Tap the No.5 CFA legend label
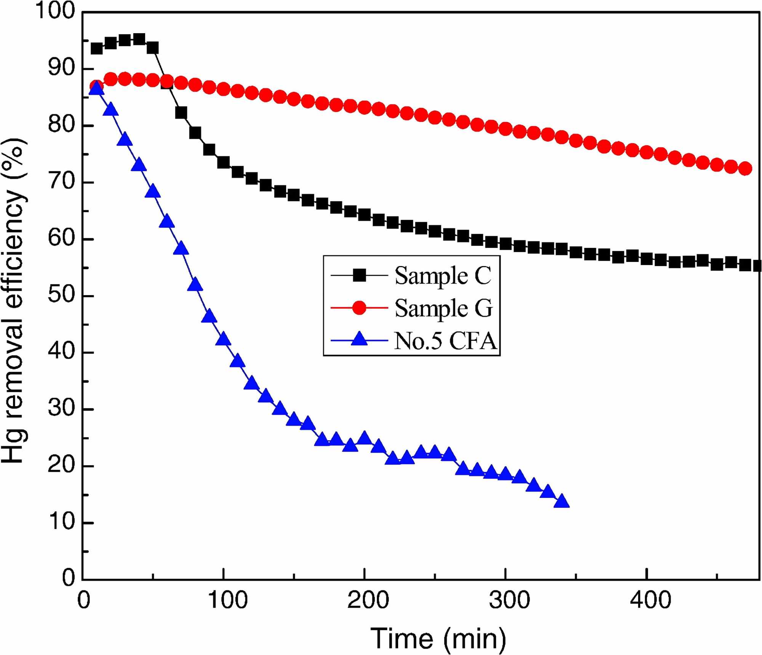tap(445, 340)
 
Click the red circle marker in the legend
tap(359, 307)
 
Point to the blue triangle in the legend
tap(359, 339)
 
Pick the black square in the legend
tap(359, 275)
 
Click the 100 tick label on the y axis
tap(56, 11)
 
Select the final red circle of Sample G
tap(745, 168)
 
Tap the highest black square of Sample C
tap(139, 39)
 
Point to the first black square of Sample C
tap(97, 48)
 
